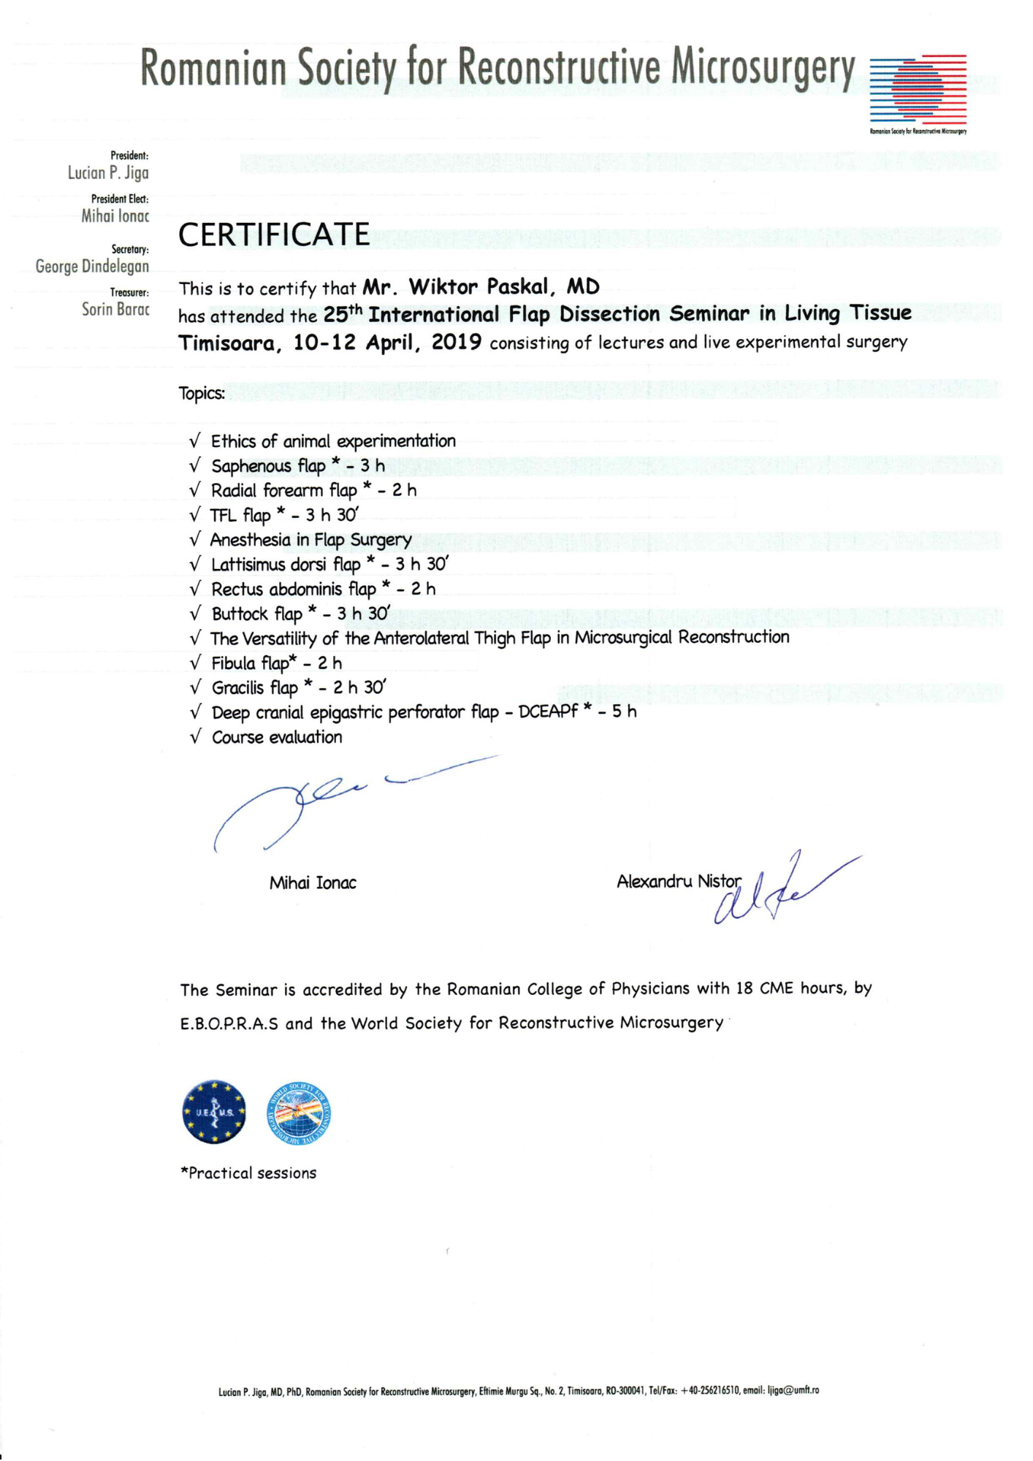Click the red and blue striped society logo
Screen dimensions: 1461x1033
[x=918, y=89]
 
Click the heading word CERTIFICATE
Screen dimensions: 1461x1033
[x=274, y=235]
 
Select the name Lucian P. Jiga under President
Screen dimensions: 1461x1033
[x=108, y=173]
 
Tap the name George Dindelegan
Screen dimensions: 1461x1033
[x=92, y=267]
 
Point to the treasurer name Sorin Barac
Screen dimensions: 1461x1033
[x=115, y=309]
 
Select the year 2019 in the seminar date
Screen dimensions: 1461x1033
[x=457, y=342]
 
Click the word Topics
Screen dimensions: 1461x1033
[x=202, y=394]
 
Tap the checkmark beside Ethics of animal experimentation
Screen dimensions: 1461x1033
[x=195, y=441]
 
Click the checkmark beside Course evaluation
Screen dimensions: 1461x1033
[x=195, y=737]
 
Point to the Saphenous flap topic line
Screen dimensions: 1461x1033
[x=297, y=466]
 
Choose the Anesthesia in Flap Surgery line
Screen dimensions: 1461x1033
[x=310, y=540]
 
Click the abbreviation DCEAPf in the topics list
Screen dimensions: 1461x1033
[x=548, y=712]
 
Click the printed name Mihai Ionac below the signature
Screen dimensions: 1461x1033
[x=313, y=883]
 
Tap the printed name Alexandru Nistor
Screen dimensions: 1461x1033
[x=679, y=882]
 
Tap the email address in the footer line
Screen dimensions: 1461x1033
[x=793, y=1391]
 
